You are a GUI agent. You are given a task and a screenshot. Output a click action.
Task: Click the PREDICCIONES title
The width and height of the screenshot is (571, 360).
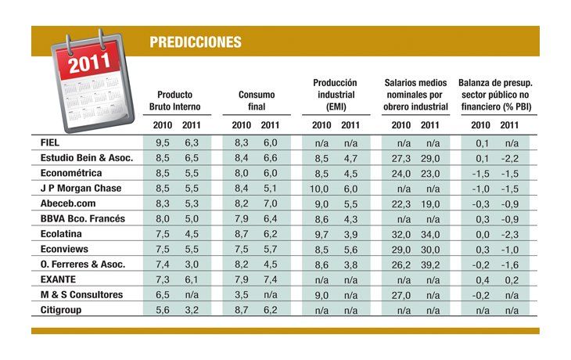pos(195,42)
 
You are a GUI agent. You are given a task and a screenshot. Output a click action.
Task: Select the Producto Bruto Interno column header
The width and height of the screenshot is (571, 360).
pos(175,100)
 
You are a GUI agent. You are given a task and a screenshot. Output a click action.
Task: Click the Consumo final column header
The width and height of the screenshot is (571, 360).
pos(256,100)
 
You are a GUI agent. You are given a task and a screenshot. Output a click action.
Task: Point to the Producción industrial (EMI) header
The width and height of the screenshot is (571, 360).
pos(335,94)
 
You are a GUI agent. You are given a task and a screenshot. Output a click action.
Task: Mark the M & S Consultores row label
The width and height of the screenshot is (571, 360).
pos(81,294)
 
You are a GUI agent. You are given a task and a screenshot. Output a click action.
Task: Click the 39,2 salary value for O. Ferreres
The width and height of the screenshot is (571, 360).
pos(430,265)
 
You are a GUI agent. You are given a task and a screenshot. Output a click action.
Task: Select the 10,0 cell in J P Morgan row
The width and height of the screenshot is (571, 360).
pos(321,189)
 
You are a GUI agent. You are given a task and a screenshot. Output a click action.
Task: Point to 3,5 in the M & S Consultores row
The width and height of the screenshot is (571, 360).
pos(242,295)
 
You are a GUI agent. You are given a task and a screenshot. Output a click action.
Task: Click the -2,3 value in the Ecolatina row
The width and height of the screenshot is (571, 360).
pos(510,234)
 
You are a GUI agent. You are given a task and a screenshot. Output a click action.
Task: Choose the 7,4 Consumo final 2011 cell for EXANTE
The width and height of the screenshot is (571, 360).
pos(270,279)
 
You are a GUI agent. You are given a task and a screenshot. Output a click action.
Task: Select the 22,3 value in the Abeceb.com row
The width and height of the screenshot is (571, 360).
pos(401,203)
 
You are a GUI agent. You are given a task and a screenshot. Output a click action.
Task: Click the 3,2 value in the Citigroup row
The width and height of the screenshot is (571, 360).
pos(191,310)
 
